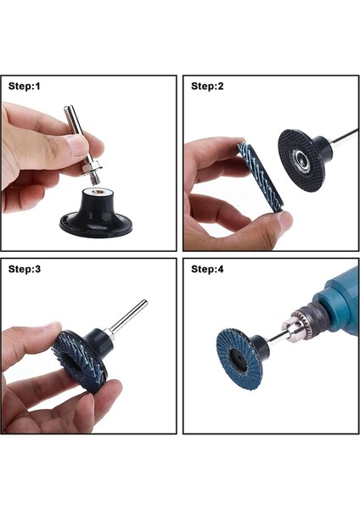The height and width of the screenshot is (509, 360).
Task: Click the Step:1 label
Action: pos(25,87)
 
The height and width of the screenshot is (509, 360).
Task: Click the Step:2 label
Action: pos(207,87)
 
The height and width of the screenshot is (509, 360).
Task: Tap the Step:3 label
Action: pos(25,269)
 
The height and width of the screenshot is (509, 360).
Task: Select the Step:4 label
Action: pos(207,269)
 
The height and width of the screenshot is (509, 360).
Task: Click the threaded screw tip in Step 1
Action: pos(96,179)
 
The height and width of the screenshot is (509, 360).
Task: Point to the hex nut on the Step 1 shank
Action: pos(92,169)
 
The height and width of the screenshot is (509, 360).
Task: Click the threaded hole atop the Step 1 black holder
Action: pos(97,192)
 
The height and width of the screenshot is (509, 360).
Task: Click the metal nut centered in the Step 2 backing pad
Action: pos(301,159)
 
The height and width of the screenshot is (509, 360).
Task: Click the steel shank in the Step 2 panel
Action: pos(345,137)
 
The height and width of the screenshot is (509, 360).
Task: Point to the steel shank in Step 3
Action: pos(127,316)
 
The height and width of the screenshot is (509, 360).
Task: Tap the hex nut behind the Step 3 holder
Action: pos(110,335)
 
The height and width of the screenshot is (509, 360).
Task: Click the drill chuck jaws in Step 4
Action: pos(290,327)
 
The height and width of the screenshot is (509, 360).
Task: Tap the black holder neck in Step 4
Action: pos(262,347)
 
